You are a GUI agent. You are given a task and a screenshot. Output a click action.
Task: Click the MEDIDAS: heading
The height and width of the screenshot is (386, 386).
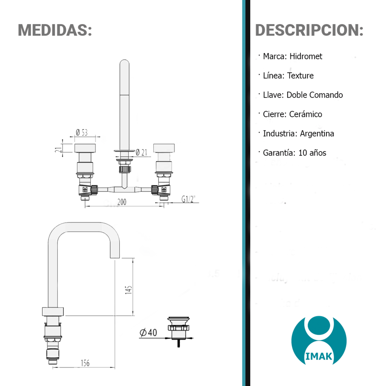pos(55,30)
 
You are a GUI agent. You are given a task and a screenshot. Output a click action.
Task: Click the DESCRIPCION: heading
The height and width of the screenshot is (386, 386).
pos(309,30)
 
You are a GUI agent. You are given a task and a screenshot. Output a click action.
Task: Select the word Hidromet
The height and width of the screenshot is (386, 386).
pos(306,57)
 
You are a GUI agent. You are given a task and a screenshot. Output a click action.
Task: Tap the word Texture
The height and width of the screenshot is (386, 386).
pos(300,75)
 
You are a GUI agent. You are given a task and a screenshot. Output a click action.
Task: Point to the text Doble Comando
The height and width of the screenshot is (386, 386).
pos(315,95)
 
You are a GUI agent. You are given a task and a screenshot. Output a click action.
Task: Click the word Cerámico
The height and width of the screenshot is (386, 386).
pos(305,114)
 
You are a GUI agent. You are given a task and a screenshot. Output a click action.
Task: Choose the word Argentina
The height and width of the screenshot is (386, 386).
pos(317,133)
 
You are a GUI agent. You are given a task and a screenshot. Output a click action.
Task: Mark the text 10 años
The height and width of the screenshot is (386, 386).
pos(312,153)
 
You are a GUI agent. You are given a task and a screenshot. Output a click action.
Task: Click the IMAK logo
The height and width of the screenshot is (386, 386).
pos(319,341)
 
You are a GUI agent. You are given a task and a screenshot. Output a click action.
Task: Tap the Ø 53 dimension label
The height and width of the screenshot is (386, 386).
pos(82,132)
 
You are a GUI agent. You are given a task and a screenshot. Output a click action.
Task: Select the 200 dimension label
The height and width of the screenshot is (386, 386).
pos(122,202)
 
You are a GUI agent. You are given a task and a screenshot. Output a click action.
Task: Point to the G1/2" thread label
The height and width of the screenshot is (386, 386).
pos(188,199)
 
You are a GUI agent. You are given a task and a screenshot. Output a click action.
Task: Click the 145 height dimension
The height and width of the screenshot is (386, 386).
pos(129,290)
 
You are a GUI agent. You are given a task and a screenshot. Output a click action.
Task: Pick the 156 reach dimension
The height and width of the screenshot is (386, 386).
pos(85,363)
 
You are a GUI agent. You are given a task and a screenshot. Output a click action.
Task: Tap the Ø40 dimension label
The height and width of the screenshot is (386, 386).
pos(148,332)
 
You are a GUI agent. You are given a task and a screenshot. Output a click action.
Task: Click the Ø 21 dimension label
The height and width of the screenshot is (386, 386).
pos(142,152)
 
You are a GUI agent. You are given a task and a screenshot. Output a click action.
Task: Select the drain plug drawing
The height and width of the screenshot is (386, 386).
pos(179,332)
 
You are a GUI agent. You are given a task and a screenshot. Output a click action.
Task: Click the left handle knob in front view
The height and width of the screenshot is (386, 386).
pos(85,148)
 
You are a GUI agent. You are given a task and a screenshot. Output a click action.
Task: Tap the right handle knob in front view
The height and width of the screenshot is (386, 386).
pos(164,148)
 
